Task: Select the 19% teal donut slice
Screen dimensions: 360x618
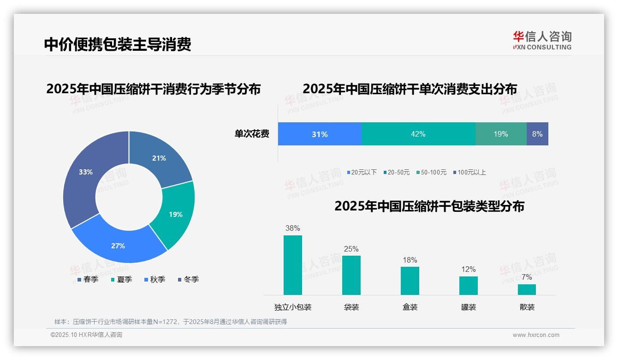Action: click(176, 214)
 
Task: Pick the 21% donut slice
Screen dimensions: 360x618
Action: click(159, 158)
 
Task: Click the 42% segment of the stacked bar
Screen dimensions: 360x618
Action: click(418, 134)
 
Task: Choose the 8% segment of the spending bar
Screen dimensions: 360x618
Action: click(537, 134)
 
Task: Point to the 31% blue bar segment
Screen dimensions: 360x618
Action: click(320, 134)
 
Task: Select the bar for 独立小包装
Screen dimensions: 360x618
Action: click(293, 265)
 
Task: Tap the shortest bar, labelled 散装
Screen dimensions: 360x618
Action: click(527, 289)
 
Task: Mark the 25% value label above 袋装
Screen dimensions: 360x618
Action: click(351, 249)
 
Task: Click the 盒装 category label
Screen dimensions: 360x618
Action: click(410, 307)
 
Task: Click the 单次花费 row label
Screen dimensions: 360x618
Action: click(252, 134)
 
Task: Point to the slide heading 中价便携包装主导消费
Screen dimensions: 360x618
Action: click(118, 44)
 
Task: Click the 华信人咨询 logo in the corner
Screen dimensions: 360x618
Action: click(542, 40)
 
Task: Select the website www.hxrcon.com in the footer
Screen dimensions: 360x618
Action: click(536, 335)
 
